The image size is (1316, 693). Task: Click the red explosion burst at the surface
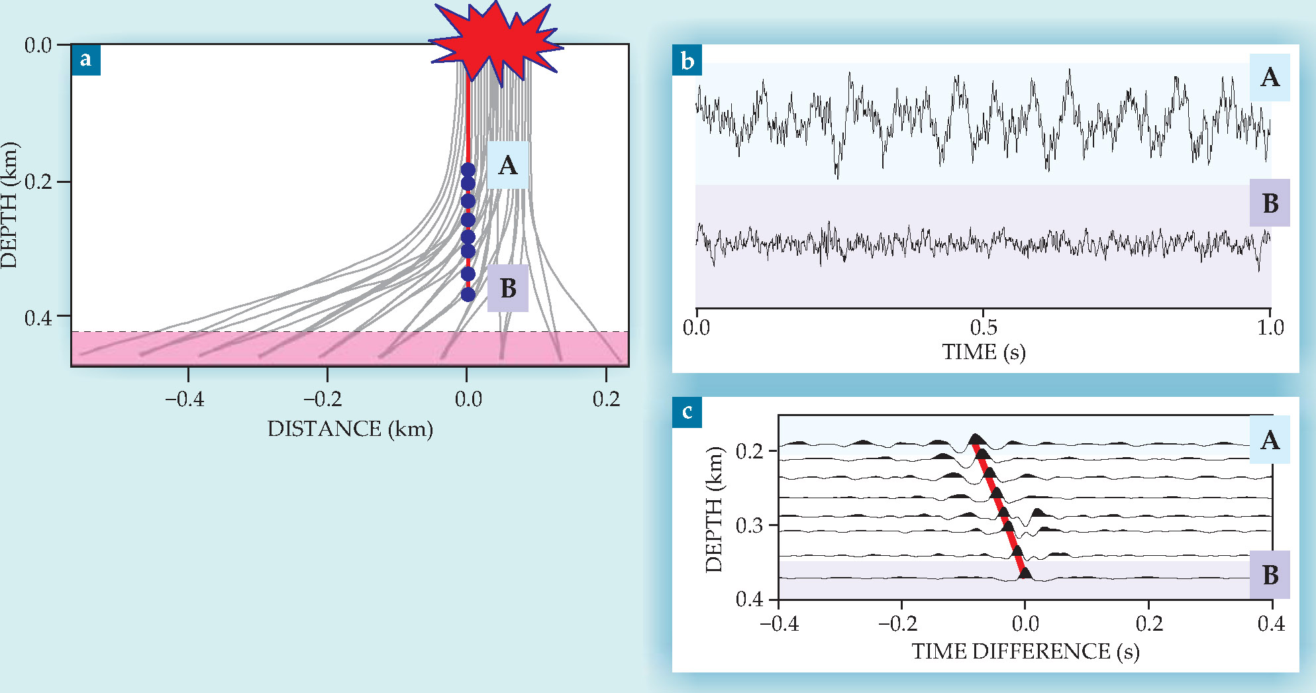pos(495,41)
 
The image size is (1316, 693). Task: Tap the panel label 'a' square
pos(85,60)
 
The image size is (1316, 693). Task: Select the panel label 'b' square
pos(687,61)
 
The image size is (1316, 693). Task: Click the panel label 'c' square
pos(687,412)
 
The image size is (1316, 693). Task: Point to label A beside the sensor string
pos(507,165)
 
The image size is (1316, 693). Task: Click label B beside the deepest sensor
pos(508,288)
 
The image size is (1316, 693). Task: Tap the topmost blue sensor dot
pos(468,170)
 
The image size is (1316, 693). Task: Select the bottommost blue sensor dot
pos(468,294)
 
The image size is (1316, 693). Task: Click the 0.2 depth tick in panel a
pos(38,182)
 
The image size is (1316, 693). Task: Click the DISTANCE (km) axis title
pos(350,429)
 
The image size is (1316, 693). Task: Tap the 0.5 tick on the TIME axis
pos(984,327)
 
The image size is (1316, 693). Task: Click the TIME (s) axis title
pos(984,352)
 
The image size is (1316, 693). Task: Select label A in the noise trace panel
pos(1270,78)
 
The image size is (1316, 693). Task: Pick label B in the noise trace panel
pos(1270,203)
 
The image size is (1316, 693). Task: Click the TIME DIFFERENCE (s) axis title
pos(1025,651)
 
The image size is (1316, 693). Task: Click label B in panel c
pos(1270,574)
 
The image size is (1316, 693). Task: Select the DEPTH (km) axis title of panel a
pos(9,205)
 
